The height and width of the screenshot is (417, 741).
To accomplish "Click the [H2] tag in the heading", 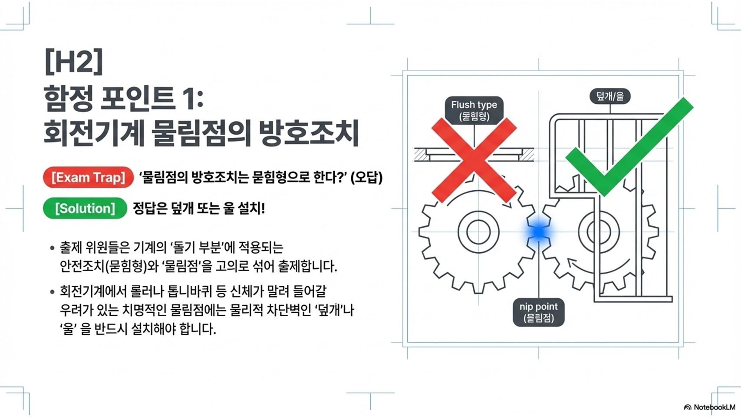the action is coord(73,61).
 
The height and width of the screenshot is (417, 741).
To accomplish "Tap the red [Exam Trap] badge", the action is coord(88,177).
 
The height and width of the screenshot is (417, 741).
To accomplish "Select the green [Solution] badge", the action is coord(85,208).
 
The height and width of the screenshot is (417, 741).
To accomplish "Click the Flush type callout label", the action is coord(474,110).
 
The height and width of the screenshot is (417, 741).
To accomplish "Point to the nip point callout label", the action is coord(538,312).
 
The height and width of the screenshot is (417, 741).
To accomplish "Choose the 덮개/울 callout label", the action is coord(609,96).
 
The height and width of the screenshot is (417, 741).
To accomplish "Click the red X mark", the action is coord(474,161).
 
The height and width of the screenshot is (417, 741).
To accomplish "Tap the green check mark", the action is coord(629,148).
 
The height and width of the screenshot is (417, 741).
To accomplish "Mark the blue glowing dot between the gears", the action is coord(539,232).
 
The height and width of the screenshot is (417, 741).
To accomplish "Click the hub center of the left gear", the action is coord(478,232).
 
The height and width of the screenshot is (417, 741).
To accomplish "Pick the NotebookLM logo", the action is coord(709,407).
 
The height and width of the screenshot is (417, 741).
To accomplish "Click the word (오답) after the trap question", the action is coord(366,177).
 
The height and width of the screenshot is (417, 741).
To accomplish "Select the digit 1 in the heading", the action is coord(189,98).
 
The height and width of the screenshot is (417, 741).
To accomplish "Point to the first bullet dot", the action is coord(52,248).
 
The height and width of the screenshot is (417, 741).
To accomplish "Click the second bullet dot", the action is coord(52,292).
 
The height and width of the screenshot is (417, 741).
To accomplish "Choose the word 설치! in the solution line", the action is coord(251,208).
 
